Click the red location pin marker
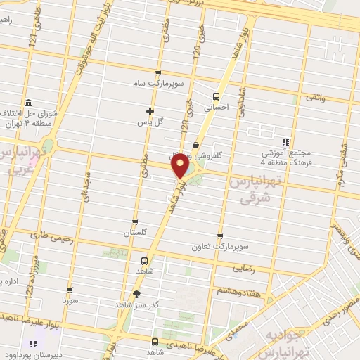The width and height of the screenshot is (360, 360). (x=180, y=166)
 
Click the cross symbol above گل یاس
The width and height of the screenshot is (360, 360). (x=150, y=110)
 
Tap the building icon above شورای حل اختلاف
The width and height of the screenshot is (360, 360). (x=27, y=103)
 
